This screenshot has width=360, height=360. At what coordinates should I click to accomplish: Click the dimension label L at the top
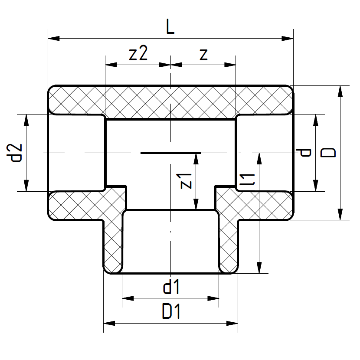[170, 27]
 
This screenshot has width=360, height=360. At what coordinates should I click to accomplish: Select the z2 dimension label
[138, 54]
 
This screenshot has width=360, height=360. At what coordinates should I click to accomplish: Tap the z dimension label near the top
[203, 54]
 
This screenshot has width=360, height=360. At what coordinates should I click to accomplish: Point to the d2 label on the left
[16, 152]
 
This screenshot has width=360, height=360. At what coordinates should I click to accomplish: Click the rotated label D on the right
[330, 152]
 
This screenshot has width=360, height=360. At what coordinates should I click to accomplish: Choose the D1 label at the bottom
[171, 312]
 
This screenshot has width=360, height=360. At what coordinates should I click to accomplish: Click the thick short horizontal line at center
[170, 152]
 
